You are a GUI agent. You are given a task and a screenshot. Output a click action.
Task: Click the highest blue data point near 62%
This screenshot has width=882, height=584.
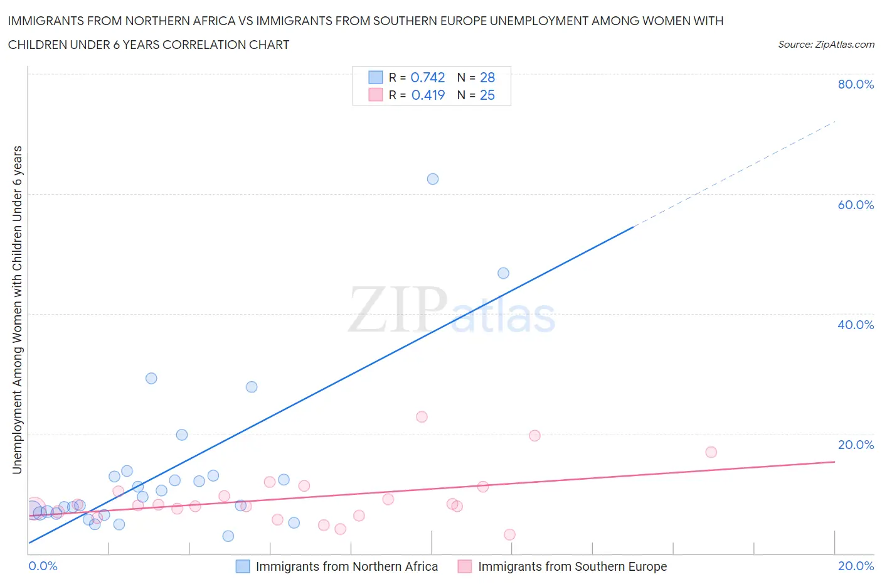433,179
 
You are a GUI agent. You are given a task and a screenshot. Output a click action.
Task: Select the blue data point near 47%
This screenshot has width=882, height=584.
503,273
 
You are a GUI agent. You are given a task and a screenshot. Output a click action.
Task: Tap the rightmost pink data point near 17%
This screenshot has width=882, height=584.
711,452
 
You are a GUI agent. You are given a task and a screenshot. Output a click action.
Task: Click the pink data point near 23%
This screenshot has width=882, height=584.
422,417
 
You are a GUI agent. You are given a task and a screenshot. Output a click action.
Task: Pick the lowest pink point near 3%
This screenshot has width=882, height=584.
509,534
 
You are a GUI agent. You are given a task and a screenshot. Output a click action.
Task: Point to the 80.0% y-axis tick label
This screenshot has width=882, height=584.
856,84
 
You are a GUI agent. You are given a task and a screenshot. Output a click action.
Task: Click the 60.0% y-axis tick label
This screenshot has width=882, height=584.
856,205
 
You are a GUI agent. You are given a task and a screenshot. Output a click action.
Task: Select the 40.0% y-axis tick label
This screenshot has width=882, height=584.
856,325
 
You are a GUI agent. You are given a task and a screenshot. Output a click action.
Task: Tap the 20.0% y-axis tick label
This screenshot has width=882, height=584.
856,445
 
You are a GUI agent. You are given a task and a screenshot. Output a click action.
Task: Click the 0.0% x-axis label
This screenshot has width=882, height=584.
43,566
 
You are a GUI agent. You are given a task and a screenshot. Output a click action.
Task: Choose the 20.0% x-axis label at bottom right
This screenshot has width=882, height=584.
856,566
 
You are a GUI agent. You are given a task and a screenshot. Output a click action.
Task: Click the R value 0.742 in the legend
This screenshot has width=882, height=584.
428,77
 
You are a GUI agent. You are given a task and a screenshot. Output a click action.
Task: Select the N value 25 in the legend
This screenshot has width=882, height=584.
487,95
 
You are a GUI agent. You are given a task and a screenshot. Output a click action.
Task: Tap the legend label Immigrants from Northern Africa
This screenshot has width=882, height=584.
347,566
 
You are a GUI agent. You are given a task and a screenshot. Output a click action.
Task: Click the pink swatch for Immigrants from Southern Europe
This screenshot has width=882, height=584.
465,566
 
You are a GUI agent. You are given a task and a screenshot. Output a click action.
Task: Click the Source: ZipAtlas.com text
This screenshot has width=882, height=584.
826,44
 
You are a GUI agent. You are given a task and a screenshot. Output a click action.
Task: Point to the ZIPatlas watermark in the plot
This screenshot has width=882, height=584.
452,311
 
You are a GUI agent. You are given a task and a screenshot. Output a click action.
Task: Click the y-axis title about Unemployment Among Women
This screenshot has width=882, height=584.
17,310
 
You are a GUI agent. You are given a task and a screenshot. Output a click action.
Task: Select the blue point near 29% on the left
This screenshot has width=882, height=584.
151,378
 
